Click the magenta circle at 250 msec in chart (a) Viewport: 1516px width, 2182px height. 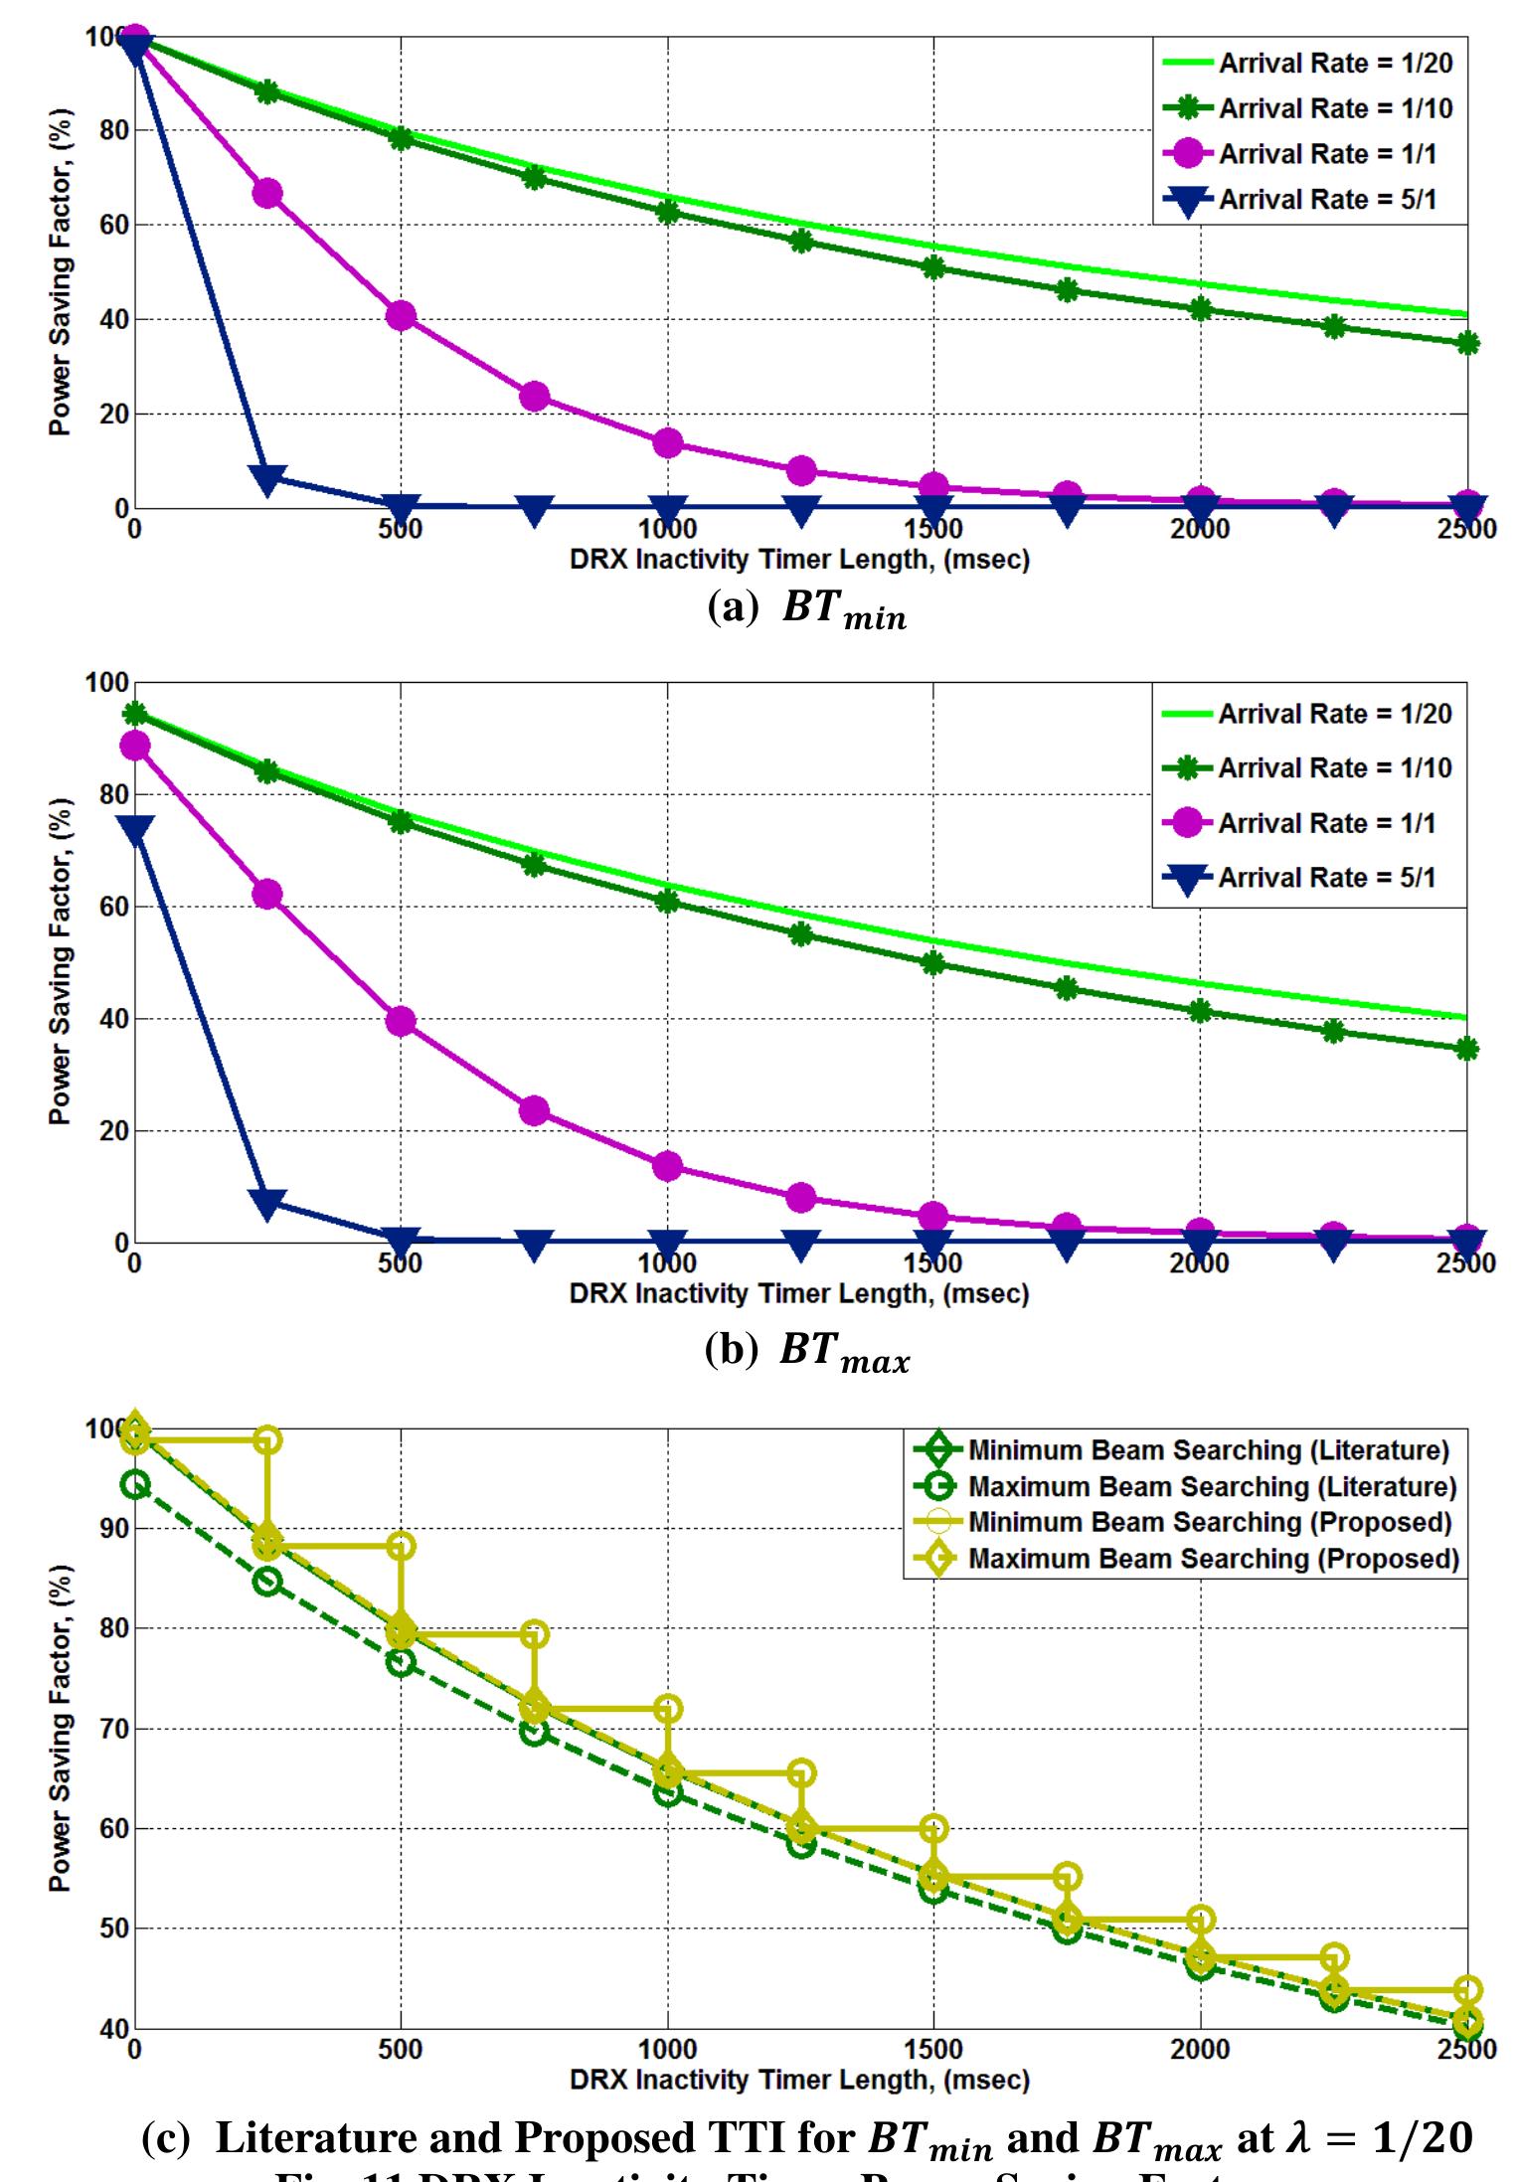tap(266, 193)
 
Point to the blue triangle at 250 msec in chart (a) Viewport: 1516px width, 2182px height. tap(266, 478)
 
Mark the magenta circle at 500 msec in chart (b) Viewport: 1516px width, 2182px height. tap(401, 1021)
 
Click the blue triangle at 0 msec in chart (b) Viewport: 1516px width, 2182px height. tap(135, 830)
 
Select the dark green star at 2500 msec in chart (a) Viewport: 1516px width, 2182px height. tap(1467, 344)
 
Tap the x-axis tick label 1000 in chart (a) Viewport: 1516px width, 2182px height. tap(667, 529)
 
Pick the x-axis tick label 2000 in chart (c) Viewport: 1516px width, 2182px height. tap(1200, 2050)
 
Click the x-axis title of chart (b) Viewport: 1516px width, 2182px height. tap(799, 1293)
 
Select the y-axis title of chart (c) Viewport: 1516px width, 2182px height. tap(61, 1728)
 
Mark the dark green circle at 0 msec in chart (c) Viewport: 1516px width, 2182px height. tap(135, 1485)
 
